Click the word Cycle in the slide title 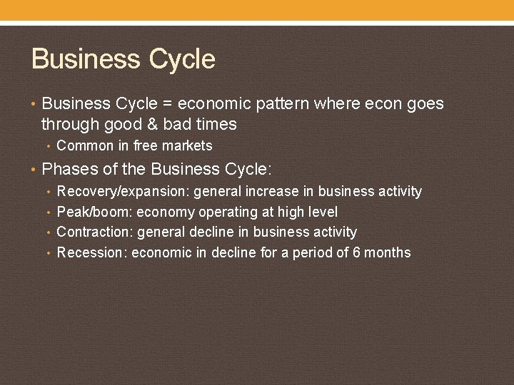point(181,59)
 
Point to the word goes point(425,104)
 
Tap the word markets point(188,146)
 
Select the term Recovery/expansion point(123,192)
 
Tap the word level point(323,212)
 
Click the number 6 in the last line point(357,252)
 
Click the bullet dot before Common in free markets point(48,146)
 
